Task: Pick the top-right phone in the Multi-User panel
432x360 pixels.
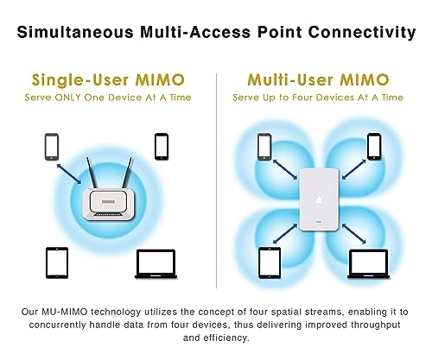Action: [374, 146]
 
